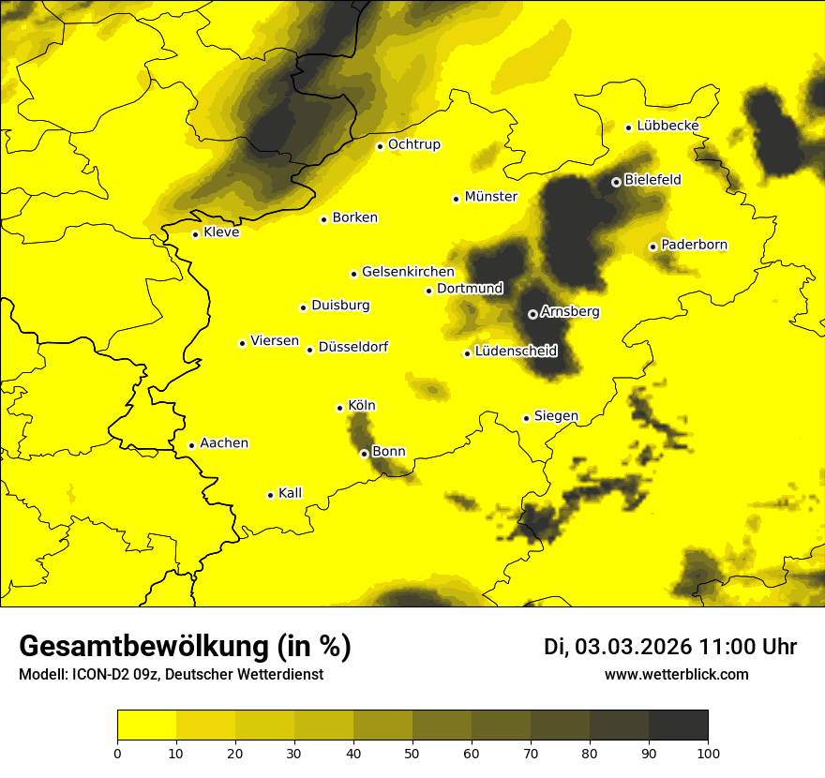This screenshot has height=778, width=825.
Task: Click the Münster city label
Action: tap(491, 197)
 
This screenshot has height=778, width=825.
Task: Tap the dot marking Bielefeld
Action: tap(616, 182)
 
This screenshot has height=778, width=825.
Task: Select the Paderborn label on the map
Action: tap(695, 245)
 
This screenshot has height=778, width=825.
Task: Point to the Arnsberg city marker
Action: tap(532, 314)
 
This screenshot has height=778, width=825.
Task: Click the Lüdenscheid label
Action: tap(517, 352)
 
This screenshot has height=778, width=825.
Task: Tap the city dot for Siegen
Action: tap(527, 418)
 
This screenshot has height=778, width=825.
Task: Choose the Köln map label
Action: tap(362, 406)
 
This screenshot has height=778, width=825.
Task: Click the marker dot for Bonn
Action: tap(365, 454)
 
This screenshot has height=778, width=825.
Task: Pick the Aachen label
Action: tap(224, 443)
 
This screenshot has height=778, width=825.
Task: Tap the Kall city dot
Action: tap(270, 495)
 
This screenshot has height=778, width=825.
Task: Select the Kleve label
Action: tap(221, 232)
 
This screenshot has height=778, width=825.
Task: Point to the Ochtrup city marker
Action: tap(380, 146)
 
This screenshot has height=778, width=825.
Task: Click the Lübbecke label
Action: tap(667, 126)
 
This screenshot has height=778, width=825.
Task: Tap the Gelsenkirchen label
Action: tap(408, 272)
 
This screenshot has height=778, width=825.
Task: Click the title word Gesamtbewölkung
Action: tap(140, 647)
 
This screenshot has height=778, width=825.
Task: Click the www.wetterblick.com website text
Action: tap(677, 674)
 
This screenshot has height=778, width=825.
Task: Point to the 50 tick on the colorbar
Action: tap(412, 752)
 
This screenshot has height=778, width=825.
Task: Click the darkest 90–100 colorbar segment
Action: tap(678, 726)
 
